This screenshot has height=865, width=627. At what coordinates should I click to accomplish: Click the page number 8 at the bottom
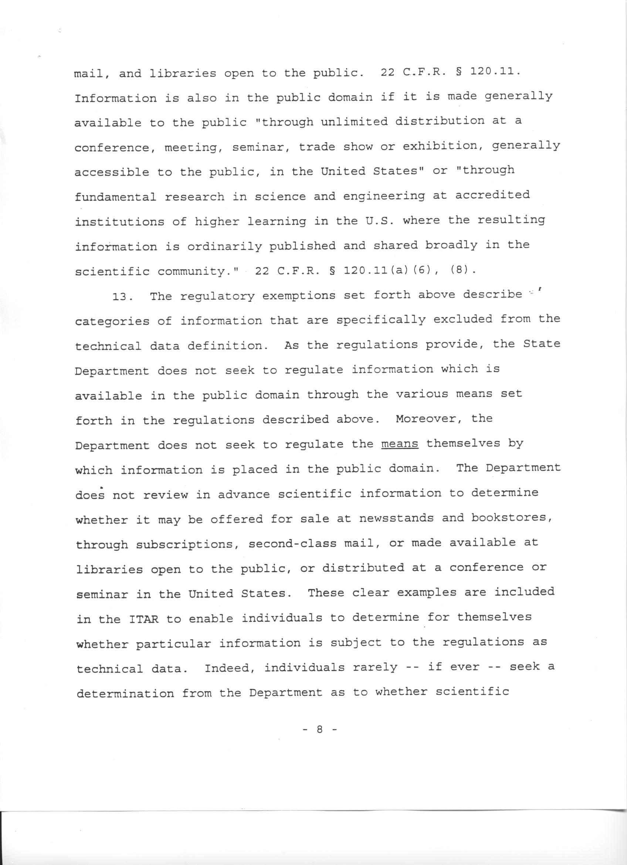tap(319, 729)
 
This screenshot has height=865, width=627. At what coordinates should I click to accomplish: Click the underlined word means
tap(399, 444)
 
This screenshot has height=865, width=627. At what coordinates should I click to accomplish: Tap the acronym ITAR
tap(144, 619)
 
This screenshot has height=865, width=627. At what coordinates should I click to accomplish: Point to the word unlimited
tap(353, 122)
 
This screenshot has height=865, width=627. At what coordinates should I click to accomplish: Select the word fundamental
tap(115, 197)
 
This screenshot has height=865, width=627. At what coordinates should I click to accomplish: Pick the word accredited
tap(492, 195)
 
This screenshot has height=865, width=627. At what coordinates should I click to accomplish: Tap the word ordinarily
tap(224, 247)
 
